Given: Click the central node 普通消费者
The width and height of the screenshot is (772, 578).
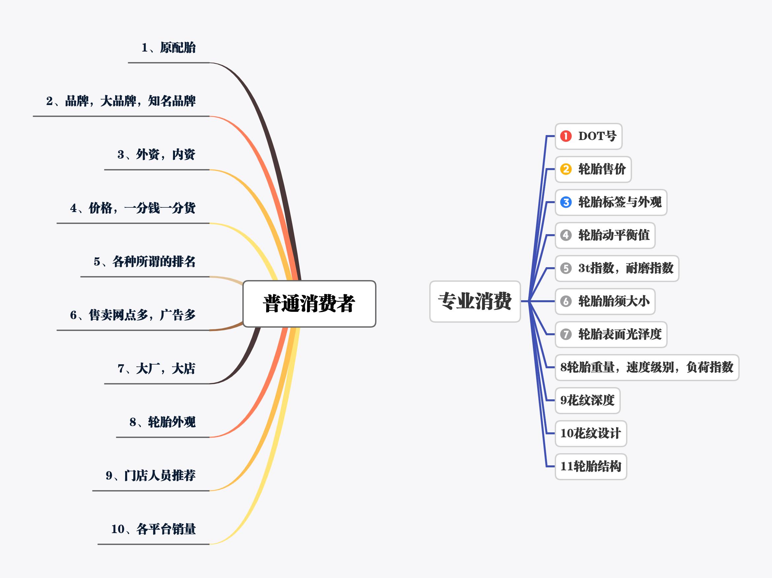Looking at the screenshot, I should [x=309, y=304].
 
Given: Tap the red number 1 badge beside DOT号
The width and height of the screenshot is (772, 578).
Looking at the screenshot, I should [x=566, y=136].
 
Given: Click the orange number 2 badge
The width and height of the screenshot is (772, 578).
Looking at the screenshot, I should [x=566, y=169].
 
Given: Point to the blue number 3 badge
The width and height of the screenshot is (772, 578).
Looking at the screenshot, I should [x=566, y=202].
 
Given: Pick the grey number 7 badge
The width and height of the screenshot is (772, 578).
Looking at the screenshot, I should [x=566, y=334].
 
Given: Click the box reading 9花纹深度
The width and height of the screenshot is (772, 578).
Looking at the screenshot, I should [x=587, y=400].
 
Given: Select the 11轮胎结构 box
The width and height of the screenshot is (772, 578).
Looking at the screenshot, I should [x=590, y=466].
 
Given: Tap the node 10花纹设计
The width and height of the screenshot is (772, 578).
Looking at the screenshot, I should [x=590, y=433].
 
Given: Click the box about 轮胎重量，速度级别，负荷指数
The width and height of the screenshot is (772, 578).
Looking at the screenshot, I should [x=647, y=367].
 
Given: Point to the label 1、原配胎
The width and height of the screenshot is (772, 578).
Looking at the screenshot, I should [x=169, y=48].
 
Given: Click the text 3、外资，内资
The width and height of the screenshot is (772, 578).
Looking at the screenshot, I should [x=157, y=155].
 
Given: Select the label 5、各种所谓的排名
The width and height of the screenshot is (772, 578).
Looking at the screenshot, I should [x=145, y=262].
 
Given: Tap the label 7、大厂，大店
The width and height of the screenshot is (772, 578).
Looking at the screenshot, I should [x=157, y=369].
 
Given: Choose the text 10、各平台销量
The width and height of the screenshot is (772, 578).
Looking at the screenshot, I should [x=154, y=529].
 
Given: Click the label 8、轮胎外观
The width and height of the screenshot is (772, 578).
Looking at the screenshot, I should [x=163, y=422].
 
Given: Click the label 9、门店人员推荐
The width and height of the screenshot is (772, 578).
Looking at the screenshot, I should [x=151, y=476].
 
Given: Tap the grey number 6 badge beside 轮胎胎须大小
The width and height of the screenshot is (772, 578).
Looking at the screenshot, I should [x=566, y=301].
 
